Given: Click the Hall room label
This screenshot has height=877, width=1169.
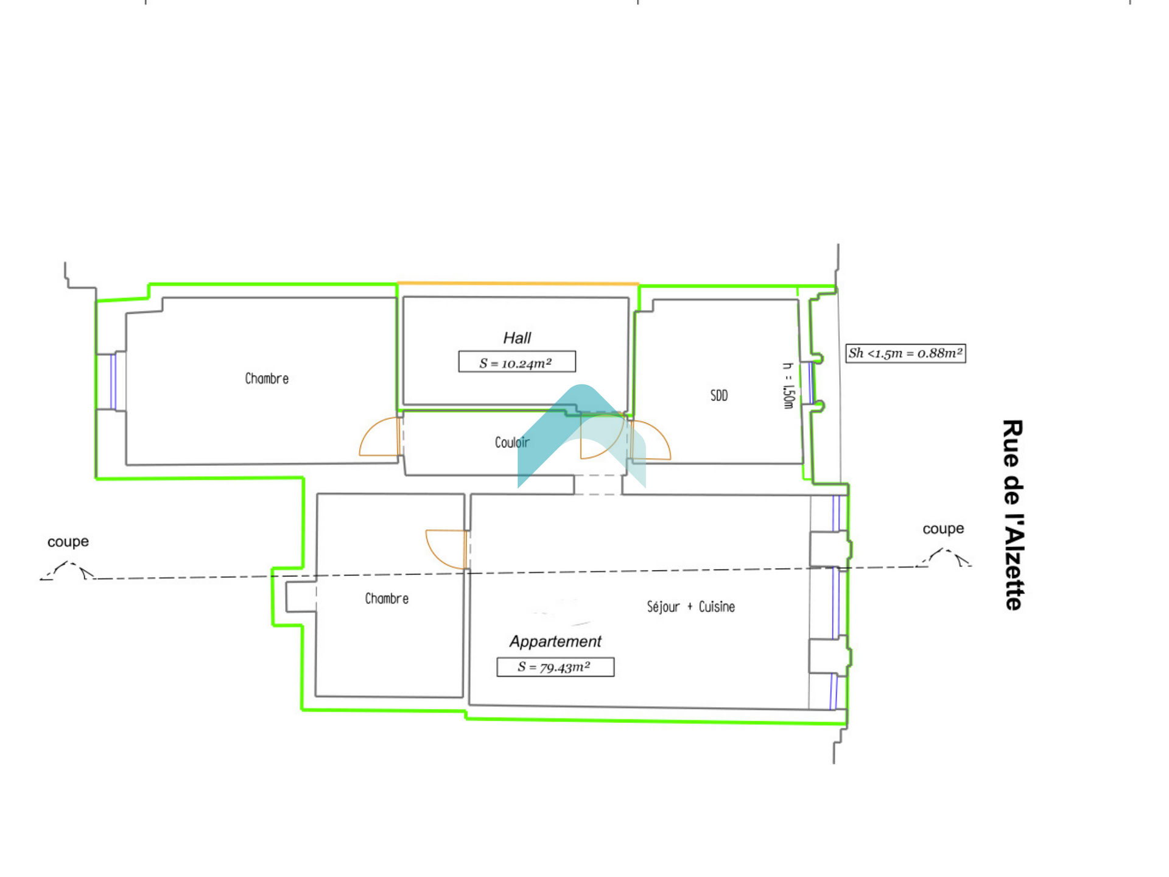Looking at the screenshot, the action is coord(517,338).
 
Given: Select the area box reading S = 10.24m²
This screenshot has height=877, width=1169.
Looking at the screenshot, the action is coord(517,362).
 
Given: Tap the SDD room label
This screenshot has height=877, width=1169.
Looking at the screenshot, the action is coord(719,396).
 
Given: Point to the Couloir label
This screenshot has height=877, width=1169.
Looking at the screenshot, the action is coord(512,442).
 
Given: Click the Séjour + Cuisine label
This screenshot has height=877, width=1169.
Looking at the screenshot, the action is coord(691,607).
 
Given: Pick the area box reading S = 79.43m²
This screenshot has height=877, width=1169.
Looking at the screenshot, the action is coord(555,667).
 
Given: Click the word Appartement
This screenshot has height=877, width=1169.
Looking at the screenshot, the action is coord(555,641).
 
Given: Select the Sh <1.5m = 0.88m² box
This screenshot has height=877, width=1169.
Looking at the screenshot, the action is coord(905,353).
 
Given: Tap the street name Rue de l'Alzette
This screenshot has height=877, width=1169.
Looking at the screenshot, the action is coord(1013,515).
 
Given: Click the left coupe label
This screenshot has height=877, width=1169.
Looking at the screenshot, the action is coord(68,541).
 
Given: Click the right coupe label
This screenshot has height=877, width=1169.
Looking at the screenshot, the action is coord(943,529).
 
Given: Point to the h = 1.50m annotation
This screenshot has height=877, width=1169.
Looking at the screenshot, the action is coord(788,386).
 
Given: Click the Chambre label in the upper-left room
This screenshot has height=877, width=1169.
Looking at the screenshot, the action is coord(267,378).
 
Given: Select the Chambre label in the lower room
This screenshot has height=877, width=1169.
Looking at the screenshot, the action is coord(387,599).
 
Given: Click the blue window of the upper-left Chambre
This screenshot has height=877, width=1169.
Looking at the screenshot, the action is coord(113,382).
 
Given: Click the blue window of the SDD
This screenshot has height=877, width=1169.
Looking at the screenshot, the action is coord(810,383).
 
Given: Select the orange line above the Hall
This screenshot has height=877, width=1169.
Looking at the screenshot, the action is coord(518,283).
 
